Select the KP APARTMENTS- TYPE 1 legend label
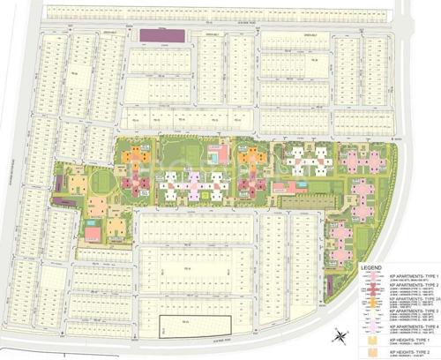pyautogui.click(x=399, y=274)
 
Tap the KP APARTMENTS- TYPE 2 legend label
pyautogui.click(x=399, y=286)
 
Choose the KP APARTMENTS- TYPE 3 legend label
pyautogui.click(x=399, y=312)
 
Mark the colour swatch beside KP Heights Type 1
pyautogui.click(x=374, y=340)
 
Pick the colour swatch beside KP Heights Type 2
pyautogui.click(x=374, y=352)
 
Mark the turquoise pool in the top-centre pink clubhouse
pyautogui.click(x=220, y=157)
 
